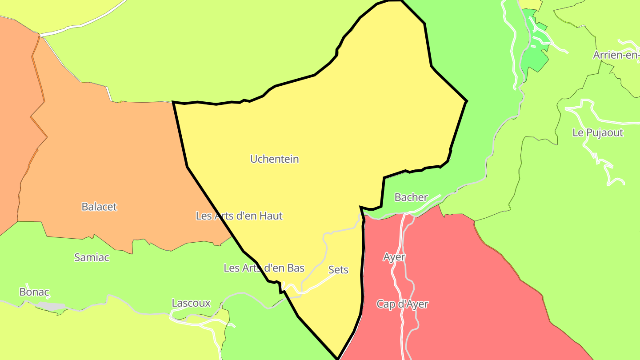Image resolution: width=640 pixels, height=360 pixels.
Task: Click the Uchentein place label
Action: coord(274,159)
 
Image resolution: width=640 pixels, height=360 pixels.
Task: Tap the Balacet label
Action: coord(99,207)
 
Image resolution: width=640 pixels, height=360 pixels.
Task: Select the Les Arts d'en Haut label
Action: coord(239,216)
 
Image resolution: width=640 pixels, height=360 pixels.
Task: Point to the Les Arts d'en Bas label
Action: coord(264,268)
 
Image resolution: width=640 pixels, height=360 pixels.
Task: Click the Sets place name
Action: coord(338,270)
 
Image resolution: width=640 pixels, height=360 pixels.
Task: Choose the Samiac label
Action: coord(92,257)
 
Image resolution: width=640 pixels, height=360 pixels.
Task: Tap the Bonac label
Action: coord(34,292)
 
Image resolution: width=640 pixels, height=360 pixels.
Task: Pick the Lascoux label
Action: coord(191,303)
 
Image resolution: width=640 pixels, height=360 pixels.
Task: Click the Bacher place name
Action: coord(411,197)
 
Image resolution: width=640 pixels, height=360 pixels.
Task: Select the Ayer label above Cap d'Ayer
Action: coord(394,257)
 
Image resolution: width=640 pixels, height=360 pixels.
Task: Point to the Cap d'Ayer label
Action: coord(402,304)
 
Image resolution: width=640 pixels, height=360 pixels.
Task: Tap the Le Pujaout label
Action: coord(598,132)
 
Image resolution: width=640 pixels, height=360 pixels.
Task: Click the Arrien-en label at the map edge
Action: coord(616,55)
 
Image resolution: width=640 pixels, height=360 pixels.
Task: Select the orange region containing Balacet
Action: coord(111,169)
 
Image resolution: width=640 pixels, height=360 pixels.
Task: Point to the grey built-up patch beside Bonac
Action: coord(52,307)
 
